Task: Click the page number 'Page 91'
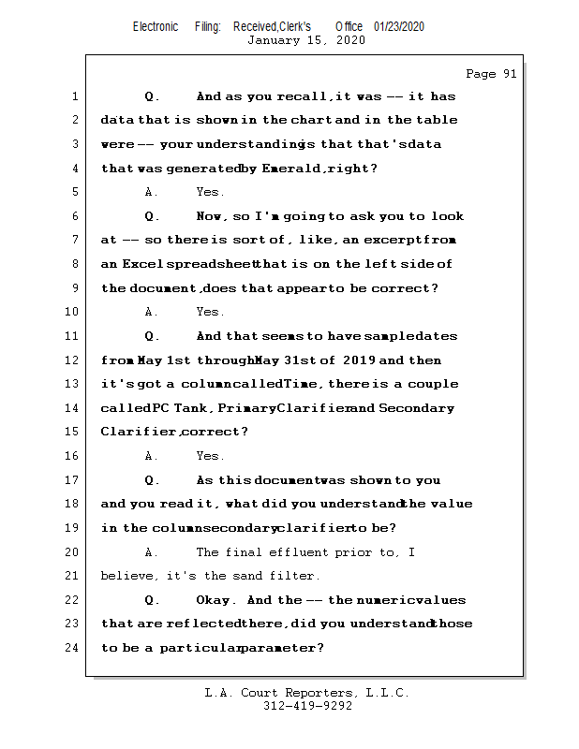491,74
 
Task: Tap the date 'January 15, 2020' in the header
306,40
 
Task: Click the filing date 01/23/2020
399,26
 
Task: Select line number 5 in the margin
75,192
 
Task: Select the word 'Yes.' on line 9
209,312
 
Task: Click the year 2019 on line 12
359,360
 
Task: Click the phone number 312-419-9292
306,706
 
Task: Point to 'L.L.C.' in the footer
383,693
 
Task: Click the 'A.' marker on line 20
152,552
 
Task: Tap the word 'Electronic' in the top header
156,26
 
